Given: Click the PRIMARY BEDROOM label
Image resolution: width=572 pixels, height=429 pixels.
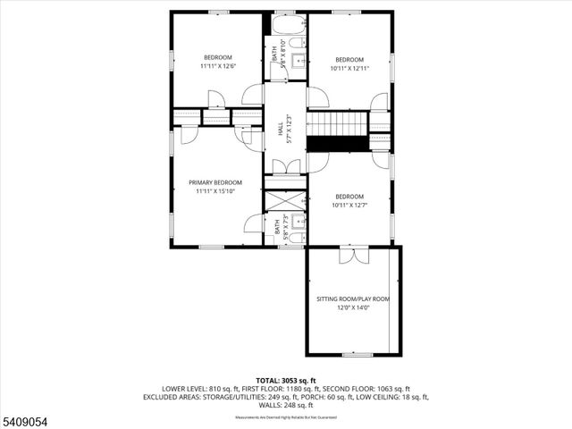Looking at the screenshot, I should pyautogui.click(x=214, y=182).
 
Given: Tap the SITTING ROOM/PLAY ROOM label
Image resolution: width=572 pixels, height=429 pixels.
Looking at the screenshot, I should pyautogui.click(x=353, y=299).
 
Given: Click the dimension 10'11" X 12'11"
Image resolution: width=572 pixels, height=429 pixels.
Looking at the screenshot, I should pyautogui.click(x=349, y=69).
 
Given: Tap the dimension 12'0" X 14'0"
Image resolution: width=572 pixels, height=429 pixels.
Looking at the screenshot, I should pyautogui.click(x=353, y=308).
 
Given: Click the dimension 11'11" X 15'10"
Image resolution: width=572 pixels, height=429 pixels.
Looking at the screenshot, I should pyautogui.click(x=214, y=191).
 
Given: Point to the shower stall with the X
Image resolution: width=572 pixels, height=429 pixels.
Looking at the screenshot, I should pyautogui.click(x=286, y=200).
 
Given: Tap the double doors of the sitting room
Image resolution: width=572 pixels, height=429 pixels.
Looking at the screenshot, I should pyautogui.click(x=354, y=255).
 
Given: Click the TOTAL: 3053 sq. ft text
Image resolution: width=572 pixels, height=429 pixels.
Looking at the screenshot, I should pyautogui.click(x=286, y=381).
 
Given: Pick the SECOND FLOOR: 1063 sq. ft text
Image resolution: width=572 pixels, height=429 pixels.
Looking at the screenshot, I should pyautogui.click(x=366, y=389).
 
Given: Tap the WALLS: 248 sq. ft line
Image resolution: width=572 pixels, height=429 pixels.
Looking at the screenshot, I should pyautogui.click(x=286, y=405).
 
